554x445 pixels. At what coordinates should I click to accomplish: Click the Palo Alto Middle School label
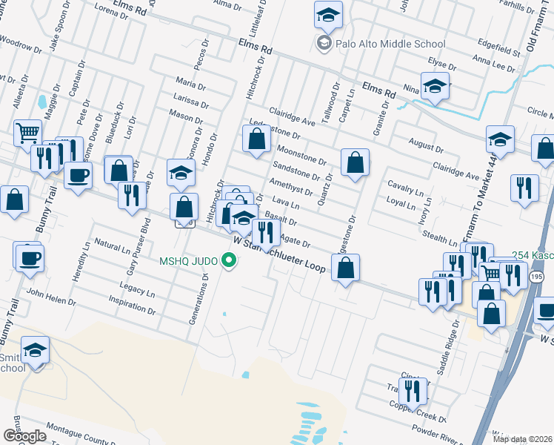[390, 44]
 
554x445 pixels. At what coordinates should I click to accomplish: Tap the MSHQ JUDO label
[190, 260]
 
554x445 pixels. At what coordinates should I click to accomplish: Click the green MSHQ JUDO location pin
[230, 260]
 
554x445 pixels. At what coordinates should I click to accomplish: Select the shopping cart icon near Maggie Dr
[27, 133]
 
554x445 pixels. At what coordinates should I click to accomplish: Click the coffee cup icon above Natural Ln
[30, 258]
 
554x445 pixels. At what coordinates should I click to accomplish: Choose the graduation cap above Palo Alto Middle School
[327, 14]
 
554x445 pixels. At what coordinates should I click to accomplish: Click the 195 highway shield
[537, 276]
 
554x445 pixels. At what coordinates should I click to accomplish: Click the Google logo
[24, 436]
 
